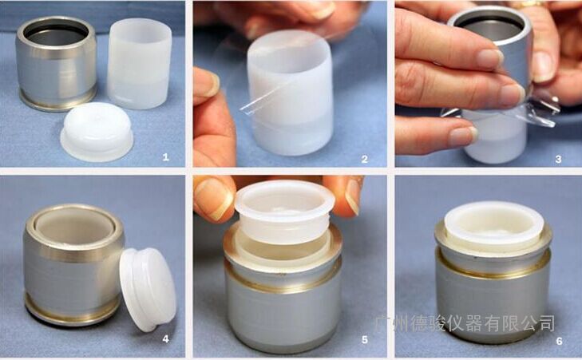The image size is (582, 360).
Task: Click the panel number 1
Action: pyautogui.click(x=165, y=157)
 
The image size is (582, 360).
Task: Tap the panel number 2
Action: pyautogui.click(x=365, y=159)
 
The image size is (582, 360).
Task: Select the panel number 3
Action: pyautogui.click(x=558, y=159)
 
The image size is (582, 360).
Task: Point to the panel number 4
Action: pyautogui.click(x=165, y=338)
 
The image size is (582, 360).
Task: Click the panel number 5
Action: pyautogui.click(x=365, y=339)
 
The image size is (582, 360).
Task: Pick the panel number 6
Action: pyautogui.click(x=560, y=341)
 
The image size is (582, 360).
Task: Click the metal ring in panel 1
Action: pyautogui.click(x=56, y=63)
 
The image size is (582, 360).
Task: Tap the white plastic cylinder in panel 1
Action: pyautogui.click(x=139, y=64)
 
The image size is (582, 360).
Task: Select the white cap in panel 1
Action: pyautogui.click(x=97, y=132)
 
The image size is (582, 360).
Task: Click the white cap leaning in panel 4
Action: pyautogui.click(x=148, y=289)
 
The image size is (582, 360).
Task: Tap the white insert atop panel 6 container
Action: pyautogui.click(x=494, y=225)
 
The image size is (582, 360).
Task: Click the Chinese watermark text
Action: pyautogui.click(x=465, y=323)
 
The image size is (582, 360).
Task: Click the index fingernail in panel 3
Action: pyautogui.click(x=490, y=59)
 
